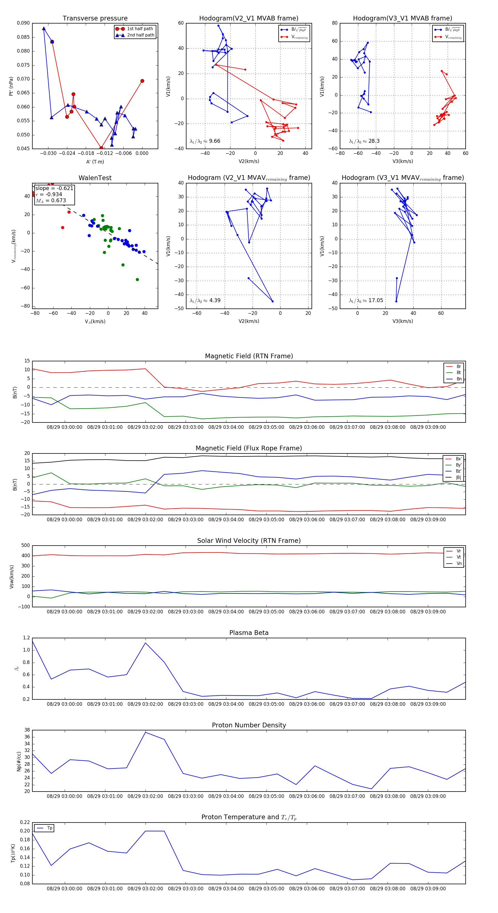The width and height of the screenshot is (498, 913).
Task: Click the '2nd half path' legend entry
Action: tap(140, 35)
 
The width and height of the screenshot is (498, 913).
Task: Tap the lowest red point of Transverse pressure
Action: tap(101, 148)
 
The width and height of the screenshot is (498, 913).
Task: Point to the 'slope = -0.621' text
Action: tap(54, 188)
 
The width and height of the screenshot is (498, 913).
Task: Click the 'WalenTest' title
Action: tap(95, 178)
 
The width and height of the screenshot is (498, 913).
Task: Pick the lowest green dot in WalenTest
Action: tap(137, 280)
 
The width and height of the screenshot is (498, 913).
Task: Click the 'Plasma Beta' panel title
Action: tap(249, 633)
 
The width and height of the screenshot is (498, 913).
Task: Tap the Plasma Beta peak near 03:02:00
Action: tap(145, 643)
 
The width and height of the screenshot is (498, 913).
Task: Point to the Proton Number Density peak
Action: tap(145, 733)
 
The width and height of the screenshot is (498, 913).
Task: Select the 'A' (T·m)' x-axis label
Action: tap(95, 162)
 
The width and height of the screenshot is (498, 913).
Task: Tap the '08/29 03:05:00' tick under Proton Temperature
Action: tap(266, 889)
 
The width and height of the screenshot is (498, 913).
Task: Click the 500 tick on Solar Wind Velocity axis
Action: tap(25, 546)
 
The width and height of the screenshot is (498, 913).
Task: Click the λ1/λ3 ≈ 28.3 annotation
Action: tap(364, 141)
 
